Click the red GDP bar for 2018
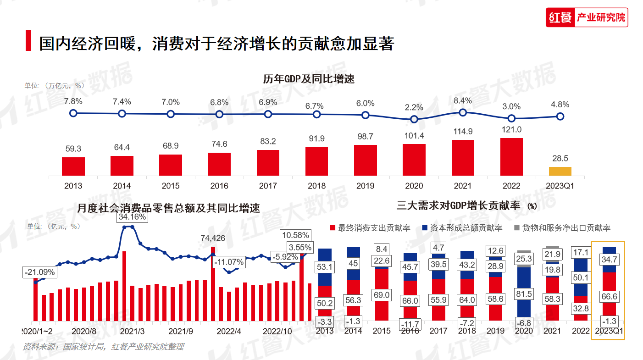[x=316, y=161]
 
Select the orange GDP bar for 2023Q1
[x=560, y=171]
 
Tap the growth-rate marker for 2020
[x=414, y=119]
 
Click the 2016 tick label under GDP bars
[x=219, y=186]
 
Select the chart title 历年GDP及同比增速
[x=309, y=79]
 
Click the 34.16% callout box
[x=132, y=216]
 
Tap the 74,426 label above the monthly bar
[x=213, y=238]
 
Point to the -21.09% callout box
[x=40, y=272]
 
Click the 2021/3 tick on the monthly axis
[x=132, y=331]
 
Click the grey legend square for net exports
[x=516, y=228]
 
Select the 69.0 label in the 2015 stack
[x=382, y=295]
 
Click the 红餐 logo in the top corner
[x=560, y=18]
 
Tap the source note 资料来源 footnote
[x=103, y=347]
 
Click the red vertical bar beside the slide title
[x=28, y=40]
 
